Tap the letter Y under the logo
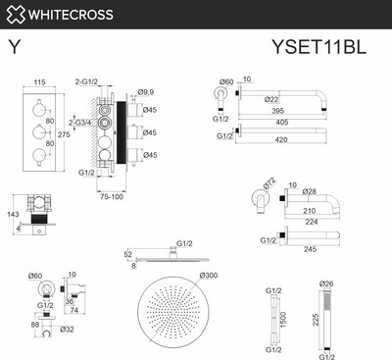(14, 45)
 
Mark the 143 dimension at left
(13, 213)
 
